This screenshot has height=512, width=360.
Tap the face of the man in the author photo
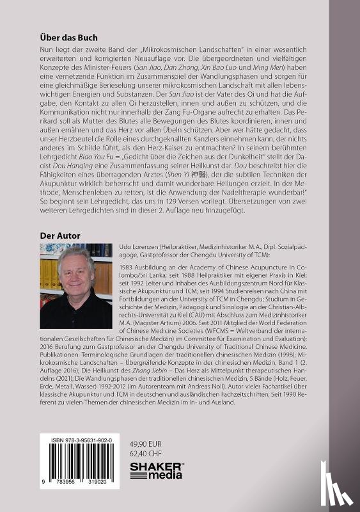pos(78,268)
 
